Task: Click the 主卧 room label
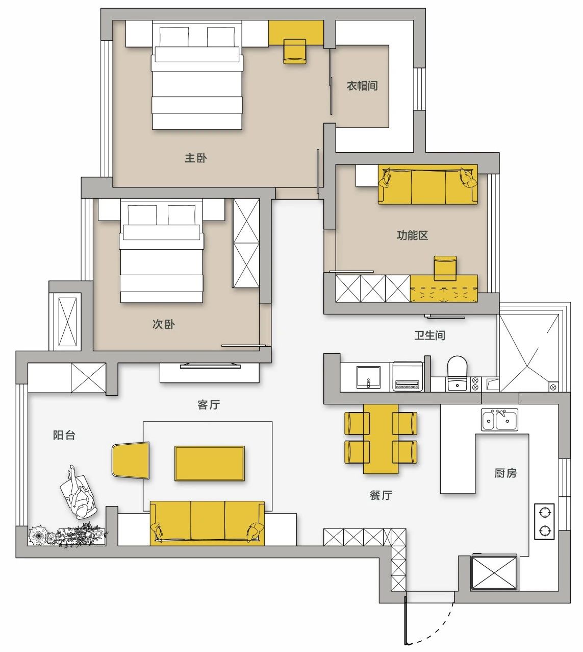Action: click(195, 158)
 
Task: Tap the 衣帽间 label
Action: click(362, 86)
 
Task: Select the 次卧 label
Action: click(163, 324)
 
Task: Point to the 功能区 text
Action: click(412, 235)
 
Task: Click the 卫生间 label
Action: click(429, 335)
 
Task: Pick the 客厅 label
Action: click(209, 404)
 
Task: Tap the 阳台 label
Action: click(64, 435)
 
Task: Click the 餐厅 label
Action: click(381, 495)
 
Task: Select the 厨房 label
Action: click(505, 473)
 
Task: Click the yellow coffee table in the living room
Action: click(210, 463)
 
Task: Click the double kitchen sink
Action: click(499, 420)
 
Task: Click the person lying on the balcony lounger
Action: click(79, 492)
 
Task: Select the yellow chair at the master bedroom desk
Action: click(294, 52)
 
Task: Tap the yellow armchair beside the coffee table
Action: click(131, 461)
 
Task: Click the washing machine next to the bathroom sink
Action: click(407, 376)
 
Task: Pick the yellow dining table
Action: click(381, 439)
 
